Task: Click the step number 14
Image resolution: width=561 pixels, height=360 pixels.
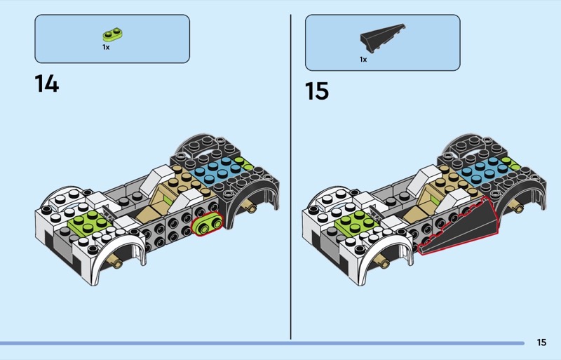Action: (46, 84)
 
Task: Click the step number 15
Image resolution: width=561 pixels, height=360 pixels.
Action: (317, 91)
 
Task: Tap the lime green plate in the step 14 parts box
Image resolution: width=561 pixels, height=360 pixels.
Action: (112, 34)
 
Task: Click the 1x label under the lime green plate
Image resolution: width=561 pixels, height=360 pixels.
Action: (106, 48)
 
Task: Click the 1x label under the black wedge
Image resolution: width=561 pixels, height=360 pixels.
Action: (363, 60)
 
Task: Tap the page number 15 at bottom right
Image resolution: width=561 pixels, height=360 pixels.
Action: (541, 342)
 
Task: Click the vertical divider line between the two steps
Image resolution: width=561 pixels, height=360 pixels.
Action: (290, 175)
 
